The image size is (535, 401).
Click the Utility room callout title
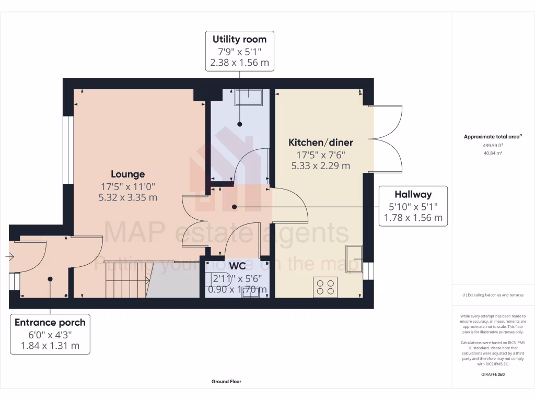pos(239,39)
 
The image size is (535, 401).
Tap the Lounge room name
pos(127,174)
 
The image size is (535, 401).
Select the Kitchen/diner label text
pos(321,142)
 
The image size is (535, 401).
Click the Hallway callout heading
pos(413,194)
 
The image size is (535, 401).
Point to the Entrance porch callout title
pos(50,322)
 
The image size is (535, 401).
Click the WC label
pos(237,266)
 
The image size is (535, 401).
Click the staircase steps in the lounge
pos(125,280)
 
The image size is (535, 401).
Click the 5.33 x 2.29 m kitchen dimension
pos(321,166)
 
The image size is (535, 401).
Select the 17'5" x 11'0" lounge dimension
pos(127,186)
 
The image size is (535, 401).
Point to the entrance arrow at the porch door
pos(9,256)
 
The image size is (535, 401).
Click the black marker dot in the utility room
pos(240,124)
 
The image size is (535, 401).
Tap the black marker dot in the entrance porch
pos(50,279)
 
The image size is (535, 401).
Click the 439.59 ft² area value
pos(492,145)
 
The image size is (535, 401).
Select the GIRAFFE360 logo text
pos(493,374)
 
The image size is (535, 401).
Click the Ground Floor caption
pos(226,382)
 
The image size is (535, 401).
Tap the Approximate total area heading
pos(493,137)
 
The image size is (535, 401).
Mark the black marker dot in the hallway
pos(234,207)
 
